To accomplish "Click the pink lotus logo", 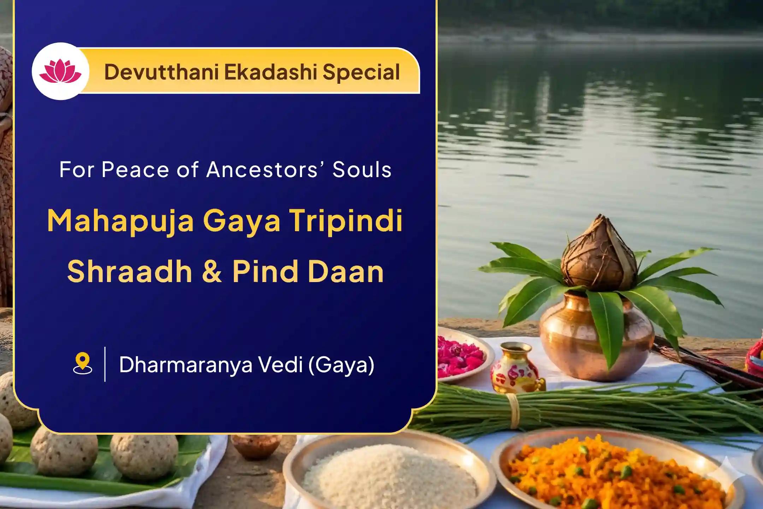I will (x=60, y=71).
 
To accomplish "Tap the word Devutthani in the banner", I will (x=161, y=72).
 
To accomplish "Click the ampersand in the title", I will (x=212, y=271).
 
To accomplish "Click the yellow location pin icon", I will (x=82, y=363).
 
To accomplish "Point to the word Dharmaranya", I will (x=186, y=365).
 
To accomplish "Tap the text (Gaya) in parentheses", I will (x=341, y=365).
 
